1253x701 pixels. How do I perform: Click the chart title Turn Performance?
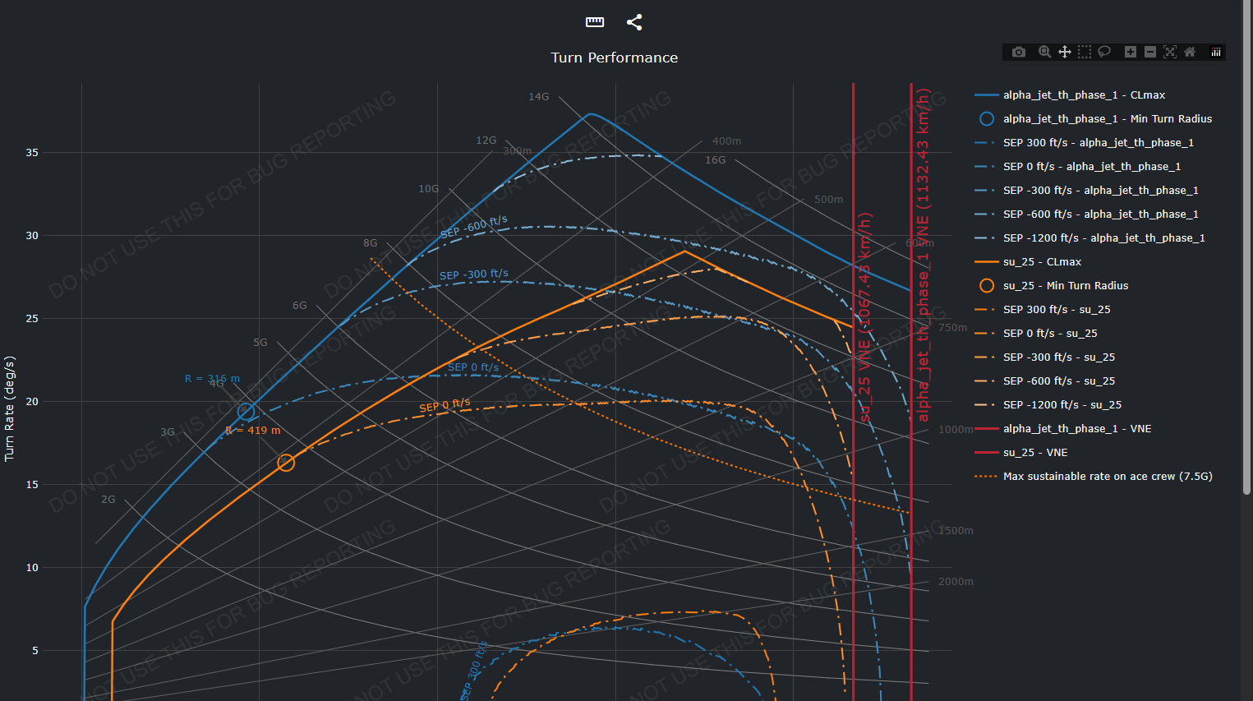pyautogui.click(x=615, y=58)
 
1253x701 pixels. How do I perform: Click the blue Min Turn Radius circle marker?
pyautogui.click(x=246, y=412)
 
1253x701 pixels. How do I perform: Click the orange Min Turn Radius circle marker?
pyautogui.click(x=286, y=463)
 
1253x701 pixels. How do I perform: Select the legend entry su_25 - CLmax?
pyautogui.click(x=1042, y=262)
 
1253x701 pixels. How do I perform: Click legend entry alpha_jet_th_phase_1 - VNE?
pyautogui.click(x=1076, y=429)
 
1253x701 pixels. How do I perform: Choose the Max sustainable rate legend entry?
pyautogui.click(x=1107, y=477)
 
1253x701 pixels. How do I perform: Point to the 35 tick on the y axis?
pyautogui.click(x=32, y=153)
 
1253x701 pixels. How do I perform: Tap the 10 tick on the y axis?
pyautogui.click(x=32, y=568)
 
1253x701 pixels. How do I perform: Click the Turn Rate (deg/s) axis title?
pyautogui.click(x=10, y=408)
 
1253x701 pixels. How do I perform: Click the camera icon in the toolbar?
pyautogui.click(x=1019, y=52)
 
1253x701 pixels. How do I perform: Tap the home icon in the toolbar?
pyautogui.click(x=1190, y=52)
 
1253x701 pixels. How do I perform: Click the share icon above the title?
pyautogui.click(x=634, y=22)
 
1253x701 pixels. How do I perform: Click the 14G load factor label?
pyautogui.click(x=538, y=97)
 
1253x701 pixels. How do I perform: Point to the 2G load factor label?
pyautogui.click(x=108, y=500)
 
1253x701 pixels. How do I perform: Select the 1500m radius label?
pyautogui.click(x=956, y=531)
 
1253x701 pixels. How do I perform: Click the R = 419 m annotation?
pyautogui.click(x=253, y=431)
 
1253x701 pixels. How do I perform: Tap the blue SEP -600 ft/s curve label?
pyautogui.click(x=474, y=228)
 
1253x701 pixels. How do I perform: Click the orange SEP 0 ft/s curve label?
pyautogui.click(x=445, y=405)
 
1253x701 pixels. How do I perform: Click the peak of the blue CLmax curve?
pyautogui.click(x=590, y=113)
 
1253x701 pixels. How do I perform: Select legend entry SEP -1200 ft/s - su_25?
pyautogui.click(x=1062, y=405)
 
